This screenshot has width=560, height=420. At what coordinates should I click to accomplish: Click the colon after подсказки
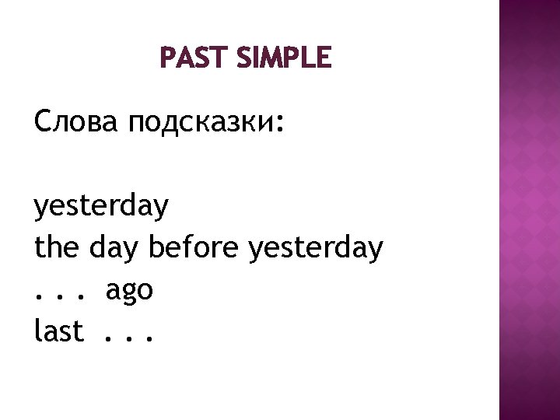[279, 125]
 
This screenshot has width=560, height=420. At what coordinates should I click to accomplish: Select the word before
[194, 249]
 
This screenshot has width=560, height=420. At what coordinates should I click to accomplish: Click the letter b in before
[155, 249]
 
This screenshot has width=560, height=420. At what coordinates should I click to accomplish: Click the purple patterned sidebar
[528, 210]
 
